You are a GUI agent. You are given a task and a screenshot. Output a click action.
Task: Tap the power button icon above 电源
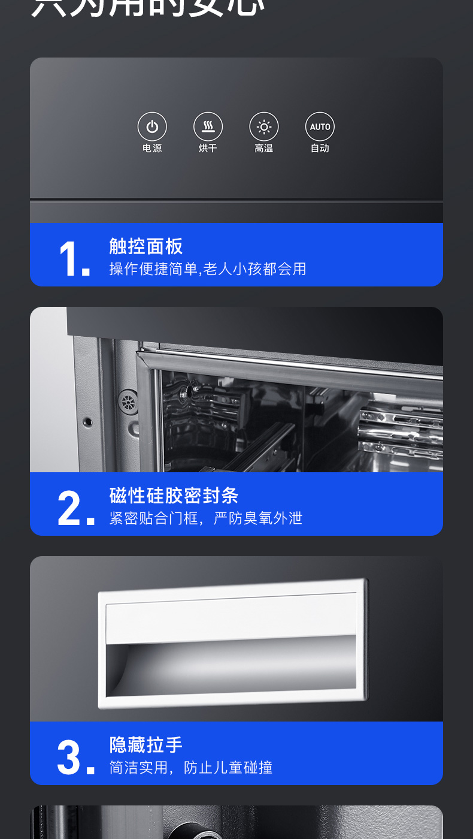152,127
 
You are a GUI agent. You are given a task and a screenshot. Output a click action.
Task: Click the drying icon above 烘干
208,127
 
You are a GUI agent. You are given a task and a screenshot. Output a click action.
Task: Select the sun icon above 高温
264,127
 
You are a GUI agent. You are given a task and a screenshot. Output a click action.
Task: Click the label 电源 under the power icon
152,148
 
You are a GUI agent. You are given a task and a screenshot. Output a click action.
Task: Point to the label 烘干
208,148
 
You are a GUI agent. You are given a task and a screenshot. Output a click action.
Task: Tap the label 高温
264,148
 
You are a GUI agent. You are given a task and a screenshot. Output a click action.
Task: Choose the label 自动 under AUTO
320,148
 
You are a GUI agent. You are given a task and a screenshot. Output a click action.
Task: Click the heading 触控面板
146,246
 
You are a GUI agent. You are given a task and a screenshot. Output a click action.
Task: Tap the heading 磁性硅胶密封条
174,496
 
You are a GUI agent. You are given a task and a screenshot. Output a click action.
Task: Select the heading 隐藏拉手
146,745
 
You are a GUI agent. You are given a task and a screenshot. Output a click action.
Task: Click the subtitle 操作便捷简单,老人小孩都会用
207,269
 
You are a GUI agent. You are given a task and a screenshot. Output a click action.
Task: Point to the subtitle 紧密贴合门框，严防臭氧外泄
205,518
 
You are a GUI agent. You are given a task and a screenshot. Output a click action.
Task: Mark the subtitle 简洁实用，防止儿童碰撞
190,768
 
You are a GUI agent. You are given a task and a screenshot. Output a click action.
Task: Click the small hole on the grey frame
88,422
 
